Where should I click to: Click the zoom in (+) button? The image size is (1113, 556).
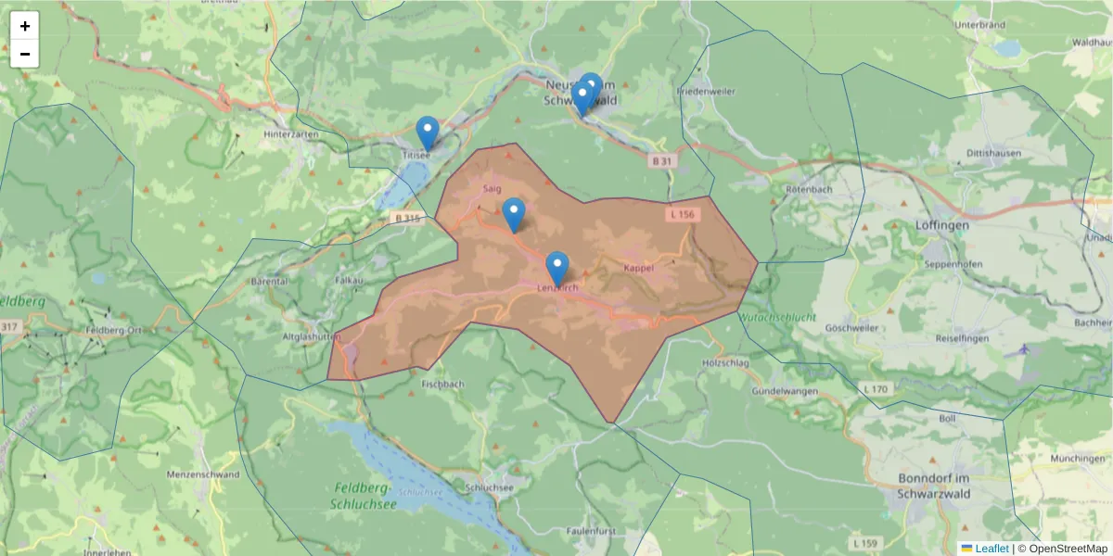click(25, 26)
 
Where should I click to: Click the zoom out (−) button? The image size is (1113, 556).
click(25, 54)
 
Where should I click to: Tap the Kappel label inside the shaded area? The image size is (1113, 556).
click(639, 268)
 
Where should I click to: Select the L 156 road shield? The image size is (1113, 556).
click(681, 214)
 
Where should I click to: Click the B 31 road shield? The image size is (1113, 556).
click(661, 160)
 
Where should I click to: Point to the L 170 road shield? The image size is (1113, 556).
click(876, 388)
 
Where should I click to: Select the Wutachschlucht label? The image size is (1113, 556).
click(778, 317)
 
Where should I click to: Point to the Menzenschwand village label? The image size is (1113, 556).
click(202, 474)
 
